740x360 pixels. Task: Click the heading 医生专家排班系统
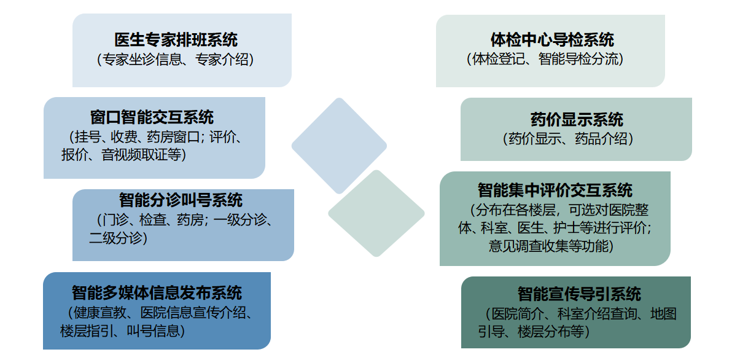tap(176, 40)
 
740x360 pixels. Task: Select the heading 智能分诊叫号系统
tap(181, 200)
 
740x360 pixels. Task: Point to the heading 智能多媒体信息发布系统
tap(157, 292)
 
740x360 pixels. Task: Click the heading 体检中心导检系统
tap(552, 40)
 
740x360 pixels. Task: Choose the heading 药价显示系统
tap(577, 119)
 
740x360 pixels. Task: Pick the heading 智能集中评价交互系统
tap(555, 190)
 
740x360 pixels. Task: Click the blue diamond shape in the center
tap(339, 146)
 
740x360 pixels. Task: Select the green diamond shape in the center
tap(376, 213)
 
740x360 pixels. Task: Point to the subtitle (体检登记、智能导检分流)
tap(545, 60)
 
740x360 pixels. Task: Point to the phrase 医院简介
tap(516, 314)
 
